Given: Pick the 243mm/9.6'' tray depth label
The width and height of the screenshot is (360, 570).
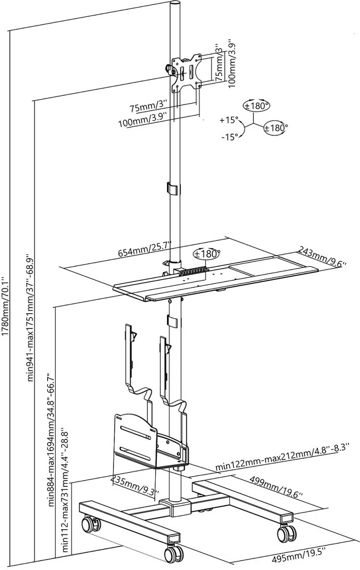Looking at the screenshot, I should [x=321, y=258].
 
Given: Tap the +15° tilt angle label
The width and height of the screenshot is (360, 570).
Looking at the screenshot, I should [x=228, y=119].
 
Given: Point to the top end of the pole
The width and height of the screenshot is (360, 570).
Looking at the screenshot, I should [x=176, y=3].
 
